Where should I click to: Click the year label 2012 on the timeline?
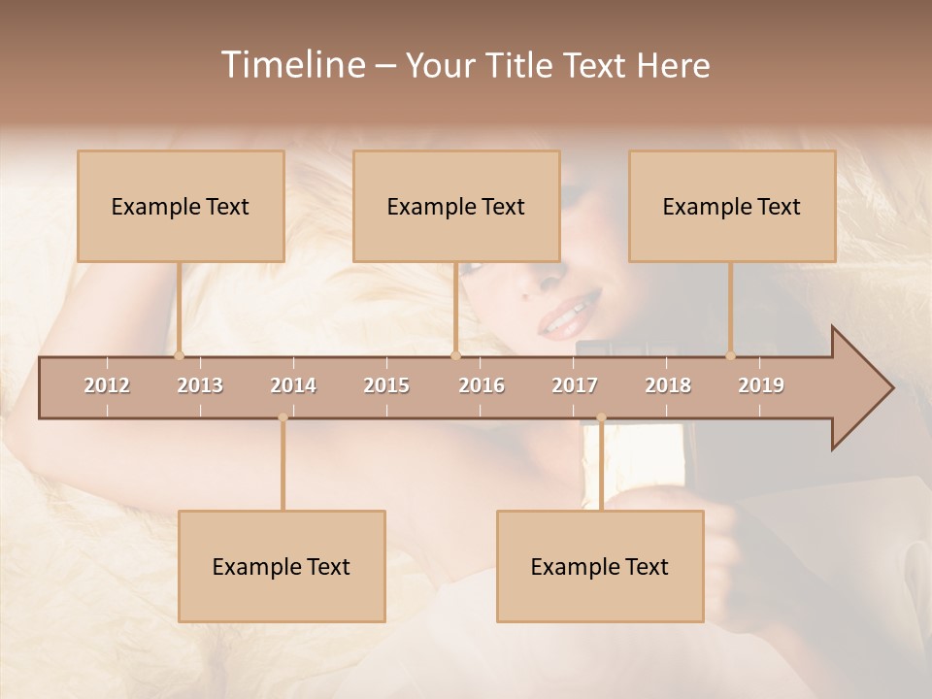click(107, 385)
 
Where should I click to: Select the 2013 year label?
click(200, 385)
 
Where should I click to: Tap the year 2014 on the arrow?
click(293, 385)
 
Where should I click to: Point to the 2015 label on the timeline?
click(386, 385)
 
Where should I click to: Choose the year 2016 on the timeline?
click(482, 385)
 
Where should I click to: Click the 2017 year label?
click(575, 385)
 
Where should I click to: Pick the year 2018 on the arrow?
click(668, 385)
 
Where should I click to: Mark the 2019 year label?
click(761, 385)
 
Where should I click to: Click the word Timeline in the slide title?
click(292, 65)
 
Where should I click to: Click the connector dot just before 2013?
click(179, 355)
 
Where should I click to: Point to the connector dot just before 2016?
click(455, 355)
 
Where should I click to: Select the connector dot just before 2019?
click(730, 355)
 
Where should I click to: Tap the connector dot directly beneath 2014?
click(283, 418)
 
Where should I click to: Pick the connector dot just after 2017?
click(601, 418)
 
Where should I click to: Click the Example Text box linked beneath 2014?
click(282, 566)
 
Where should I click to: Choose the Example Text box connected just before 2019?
click(732, 206)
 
